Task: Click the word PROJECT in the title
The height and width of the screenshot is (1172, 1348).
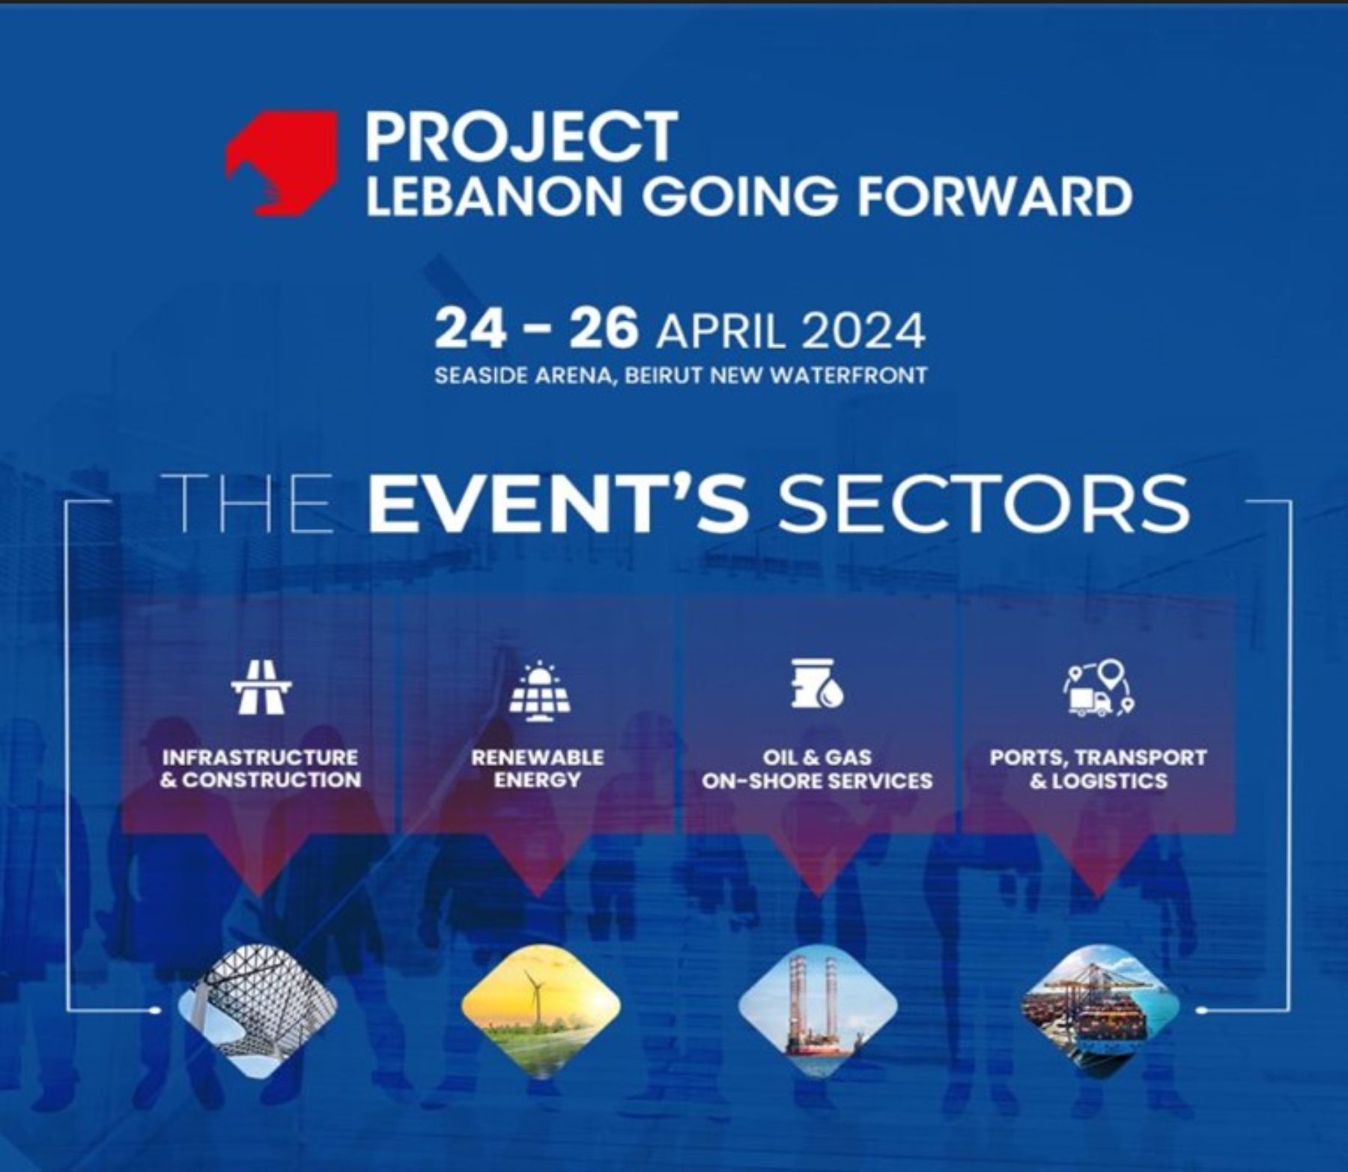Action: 521,136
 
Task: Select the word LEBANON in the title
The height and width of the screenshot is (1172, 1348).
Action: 495,195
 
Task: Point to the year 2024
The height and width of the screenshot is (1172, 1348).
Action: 863,331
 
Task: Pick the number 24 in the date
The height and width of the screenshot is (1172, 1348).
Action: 470,330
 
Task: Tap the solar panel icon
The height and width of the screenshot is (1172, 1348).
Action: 538,690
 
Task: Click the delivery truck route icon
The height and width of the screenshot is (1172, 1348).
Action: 1099,687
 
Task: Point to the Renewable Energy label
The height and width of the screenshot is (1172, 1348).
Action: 538,768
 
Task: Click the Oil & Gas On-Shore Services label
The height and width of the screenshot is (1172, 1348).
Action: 817,769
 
